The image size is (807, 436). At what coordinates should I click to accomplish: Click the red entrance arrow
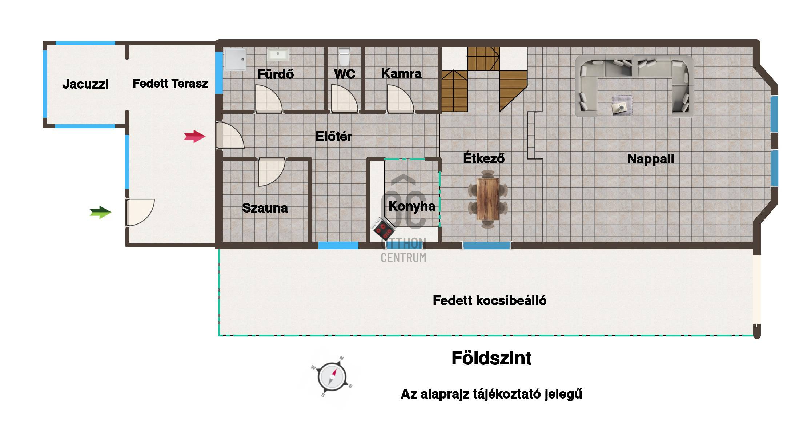195,136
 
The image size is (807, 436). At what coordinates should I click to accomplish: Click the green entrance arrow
100,212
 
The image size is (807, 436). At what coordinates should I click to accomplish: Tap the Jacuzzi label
85,84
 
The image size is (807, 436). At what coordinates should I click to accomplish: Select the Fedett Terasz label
170,83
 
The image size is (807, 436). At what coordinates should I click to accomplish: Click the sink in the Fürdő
278,54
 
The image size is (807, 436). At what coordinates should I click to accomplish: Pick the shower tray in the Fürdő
235,59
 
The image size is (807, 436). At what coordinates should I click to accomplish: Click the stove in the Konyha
383,229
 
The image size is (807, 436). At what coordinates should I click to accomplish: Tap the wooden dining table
487,199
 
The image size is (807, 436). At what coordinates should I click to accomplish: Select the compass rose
332,377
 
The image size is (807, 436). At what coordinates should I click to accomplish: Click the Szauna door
271,172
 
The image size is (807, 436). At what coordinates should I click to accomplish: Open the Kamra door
400,98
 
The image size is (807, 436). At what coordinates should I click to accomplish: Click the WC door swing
344,98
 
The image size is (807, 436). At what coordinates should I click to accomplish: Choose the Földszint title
491,358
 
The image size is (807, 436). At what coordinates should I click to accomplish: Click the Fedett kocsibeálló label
489,300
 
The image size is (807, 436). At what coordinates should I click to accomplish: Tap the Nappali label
650,159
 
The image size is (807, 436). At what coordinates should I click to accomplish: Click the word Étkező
483,158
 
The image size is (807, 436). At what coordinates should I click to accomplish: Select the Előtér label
334,136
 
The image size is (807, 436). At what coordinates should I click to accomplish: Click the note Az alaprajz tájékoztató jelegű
491,394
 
